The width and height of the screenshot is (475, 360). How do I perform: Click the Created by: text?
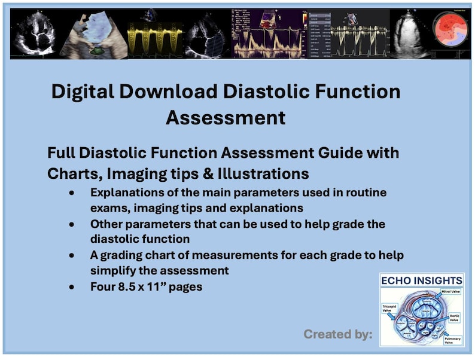[337, 334]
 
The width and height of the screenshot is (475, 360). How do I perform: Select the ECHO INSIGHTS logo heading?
[421, 280]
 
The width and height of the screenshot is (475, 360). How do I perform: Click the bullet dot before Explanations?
[72, 193]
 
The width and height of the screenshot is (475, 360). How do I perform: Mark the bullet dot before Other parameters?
[72, 224]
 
